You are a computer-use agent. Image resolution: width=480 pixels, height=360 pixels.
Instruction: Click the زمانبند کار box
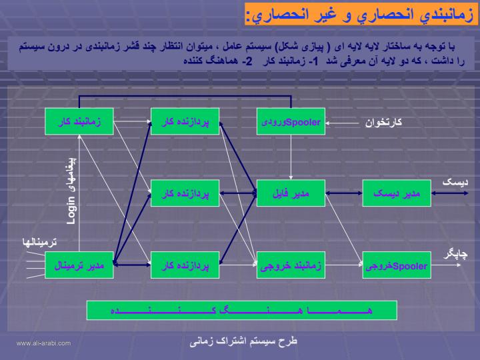(79, 121)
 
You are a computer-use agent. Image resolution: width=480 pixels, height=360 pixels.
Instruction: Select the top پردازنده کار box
(185, 121)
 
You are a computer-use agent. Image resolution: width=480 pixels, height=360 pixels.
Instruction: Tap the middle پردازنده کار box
(185, 193)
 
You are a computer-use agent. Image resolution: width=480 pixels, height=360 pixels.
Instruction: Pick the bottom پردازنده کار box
(185, 265)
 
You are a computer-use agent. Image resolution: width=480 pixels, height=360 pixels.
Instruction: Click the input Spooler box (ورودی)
(291, 121)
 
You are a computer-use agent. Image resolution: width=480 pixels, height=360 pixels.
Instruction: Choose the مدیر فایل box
(291, 193)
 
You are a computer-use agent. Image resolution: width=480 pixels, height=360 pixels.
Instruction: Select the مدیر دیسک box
(397, 193)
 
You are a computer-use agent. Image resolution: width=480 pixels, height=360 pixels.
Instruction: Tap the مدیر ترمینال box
(79, 265)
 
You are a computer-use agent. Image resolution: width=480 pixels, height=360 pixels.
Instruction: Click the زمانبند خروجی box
(291, 265)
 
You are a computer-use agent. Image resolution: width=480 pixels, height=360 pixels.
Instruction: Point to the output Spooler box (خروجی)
(397, 265)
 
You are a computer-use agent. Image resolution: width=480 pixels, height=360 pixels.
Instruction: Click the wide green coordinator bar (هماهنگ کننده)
(242, 311)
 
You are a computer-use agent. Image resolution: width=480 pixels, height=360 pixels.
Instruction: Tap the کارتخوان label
(383, 123)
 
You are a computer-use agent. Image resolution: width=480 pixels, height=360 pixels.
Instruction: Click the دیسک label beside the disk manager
(455, 182)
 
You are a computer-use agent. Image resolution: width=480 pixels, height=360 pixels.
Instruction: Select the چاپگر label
(455, 255)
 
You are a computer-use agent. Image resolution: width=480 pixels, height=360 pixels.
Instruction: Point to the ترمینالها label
(39, 243)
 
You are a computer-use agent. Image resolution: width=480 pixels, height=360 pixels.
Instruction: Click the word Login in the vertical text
(71, 211)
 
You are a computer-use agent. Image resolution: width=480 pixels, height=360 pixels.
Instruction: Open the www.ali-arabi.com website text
(43, 343)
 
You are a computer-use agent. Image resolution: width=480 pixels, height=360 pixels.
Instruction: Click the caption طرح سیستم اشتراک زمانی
(243, 341)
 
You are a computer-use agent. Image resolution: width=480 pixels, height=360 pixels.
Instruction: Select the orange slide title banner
(361, 14)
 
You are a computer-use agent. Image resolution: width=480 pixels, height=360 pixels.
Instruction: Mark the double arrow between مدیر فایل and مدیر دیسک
(344, 193)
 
